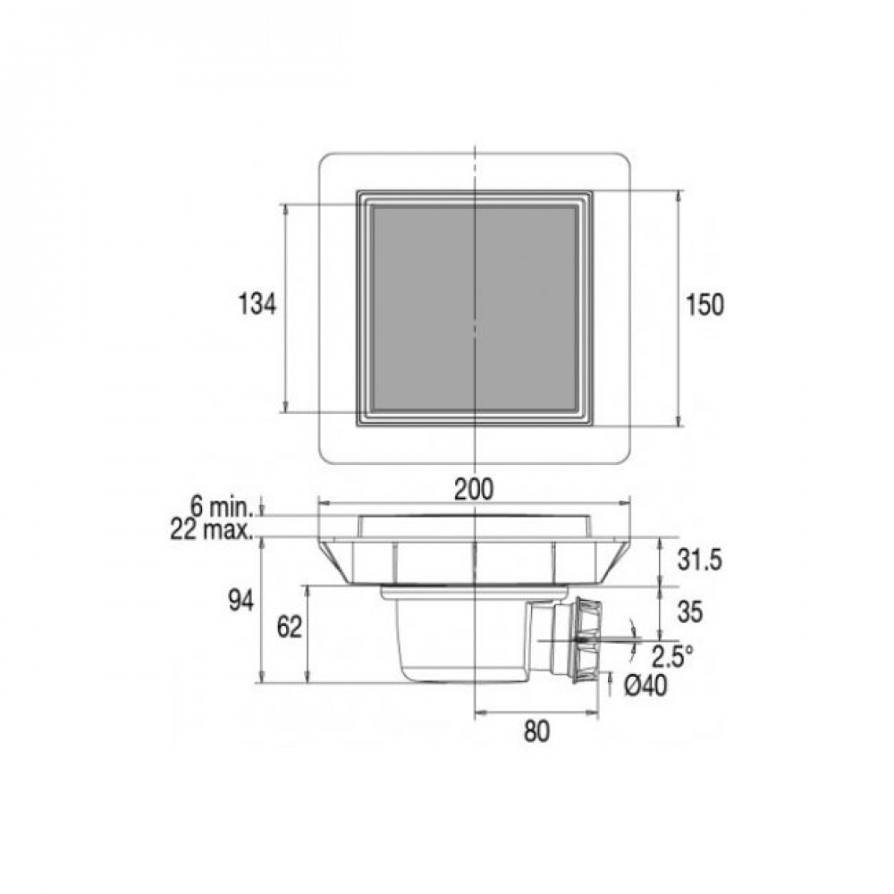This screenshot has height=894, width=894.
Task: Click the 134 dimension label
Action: [257, 304]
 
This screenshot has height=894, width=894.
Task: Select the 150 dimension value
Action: [704, 305]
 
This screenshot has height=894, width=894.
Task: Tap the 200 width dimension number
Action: [473, 489]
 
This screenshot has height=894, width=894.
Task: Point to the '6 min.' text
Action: [222, 506]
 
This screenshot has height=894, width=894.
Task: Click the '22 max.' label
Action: [212, 530]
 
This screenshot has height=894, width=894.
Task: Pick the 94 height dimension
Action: [241, 601]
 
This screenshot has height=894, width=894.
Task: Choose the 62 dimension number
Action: [289, 628]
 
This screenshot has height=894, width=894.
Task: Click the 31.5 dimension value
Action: [700, 560]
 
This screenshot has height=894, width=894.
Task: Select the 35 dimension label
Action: [690, 612]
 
